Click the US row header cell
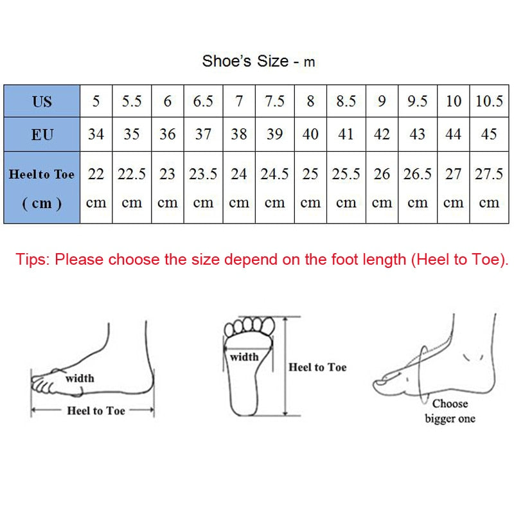42,101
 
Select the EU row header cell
42,134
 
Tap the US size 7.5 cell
274,101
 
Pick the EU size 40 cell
310,134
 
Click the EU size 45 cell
489,134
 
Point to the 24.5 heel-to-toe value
274,174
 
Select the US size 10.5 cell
489,101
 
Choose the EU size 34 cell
96,134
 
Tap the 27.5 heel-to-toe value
489,174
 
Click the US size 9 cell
382,101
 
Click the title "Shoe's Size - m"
258,62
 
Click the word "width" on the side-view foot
79,378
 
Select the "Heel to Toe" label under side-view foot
96,411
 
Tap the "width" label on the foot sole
244,357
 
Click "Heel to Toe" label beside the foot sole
317,367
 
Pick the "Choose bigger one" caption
450,411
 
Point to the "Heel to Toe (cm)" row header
42,188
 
